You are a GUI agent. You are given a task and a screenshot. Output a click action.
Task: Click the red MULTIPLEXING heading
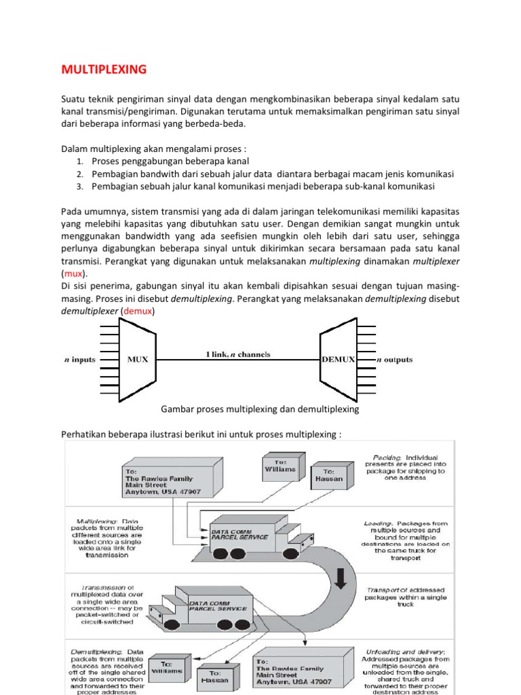(104, 69)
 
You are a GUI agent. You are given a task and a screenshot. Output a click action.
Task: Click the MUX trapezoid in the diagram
(137, 360)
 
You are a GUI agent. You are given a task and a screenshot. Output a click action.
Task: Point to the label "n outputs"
(394, 360)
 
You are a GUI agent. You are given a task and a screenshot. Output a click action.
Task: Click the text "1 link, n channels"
(238, 354)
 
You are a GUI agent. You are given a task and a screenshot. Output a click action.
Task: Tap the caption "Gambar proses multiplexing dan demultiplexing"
(260, 410)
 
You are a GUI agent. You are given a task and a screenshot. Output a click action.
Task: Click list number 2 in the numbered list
(79, 174)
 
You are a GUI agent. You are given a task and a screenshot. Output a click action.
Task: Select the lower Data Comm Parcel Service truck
(204, 607)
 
